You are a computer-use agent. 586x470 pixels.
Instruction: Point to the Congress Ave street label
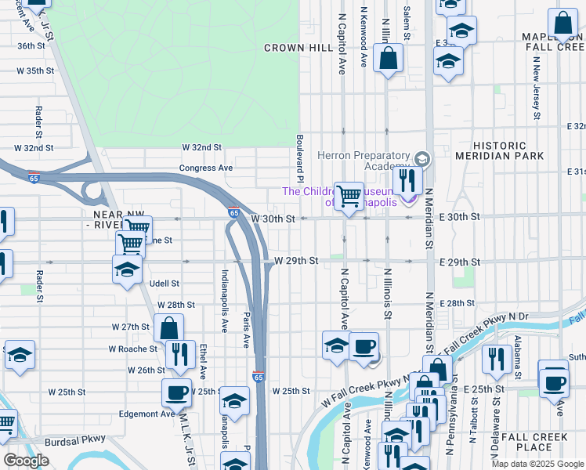click(x=206, y=168)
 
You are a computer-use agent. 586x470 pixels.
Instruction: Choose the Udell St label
click(x=164, y=284)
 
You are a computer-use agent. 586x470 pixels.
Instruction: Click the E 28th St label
click(x=458, y=303)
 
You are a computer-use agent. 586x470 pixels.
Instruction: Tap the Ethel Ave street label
click(x=202, y=360)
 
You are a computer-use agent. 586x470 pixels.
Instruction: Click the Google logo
click(x=26, y=461)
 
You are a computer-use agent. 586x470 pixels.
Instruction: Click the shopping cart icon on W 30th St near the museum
click(x=349, y=195)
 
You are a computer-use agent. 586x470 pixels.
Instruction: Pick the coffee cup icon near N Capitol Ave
click(x=363, y=346)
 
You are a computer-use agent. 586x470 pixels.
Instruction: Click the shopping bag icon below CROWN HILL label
click(x=388, y=58)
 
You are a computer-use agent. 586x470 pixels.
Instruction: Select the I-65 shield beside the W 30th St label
click(x=233, y=212)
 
